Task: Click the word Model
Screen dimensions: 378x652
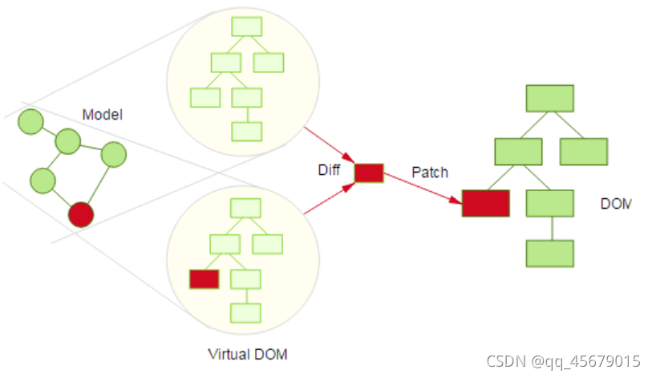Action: tap(102, 115)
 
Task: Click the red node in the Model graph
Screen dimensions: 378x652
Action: tap(81, 214)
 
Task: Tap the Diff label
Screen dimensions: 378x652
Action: tap(330, 170)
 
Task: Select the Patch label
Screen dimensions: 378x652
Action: tap(430, 172)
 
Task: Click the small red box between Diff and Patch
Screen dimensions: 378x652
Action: tap(369, 173)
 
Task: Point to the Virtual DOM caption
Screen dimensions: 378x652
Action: tap(247, 354)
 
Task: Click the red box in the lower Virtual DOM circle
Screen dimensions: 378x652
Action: tap(204, 278)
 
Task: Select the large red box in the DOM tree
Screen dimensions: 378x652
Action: tap(485, 203)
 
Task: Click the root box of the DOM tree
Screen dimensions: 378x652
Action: tap(549, 98)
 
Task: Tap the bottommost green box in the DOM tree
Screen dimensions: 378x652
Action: tap(549, 254)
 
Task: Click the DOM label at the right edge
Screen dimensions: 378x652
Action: tap(616, 204)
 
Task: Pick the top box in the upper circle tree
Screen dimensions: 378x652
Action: tap(247, 26)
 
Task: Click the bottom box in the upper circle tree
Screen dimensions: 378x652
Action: tap(247, 132)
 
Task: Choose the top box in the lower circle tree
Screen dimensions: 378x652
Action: tap(245, 208)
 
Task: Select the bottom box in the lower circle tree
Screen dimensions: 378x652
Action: tap(245, 313)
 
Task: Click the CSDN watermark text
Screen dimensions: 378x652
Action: tap(565, 360)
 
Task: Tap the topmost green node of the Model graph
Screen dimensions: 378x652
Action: tap(30, 121)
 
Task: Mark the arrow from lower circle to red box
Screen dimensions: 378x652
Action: tap(328, 200)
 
